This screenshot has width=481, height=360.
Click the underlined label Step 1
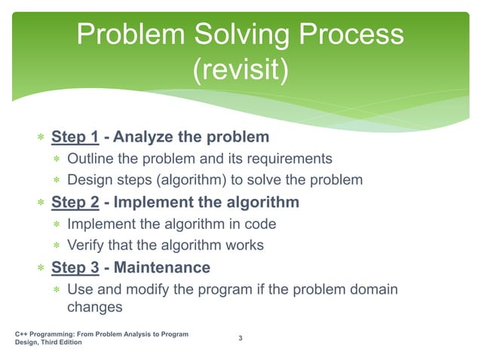(x=75, y=138)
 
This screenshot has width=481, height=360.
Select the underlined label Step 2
(x=75, y=203)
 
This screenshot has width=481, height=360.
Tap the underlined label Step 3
(x=75, y=267)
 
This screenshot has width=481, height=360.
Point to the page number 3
(x=240, y=337)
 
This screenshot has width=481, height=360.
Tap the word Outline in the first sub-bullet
(x=90, y=159)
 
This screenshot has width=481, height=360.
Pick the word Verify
(x=85, y=245)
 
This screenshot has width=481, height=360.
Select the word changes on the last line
(x=94, y=307)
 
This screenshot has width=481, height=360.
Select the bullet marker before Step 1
(x=41, y=139)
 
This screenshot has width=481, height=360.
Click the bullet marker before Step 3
(x=41, y=268)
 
